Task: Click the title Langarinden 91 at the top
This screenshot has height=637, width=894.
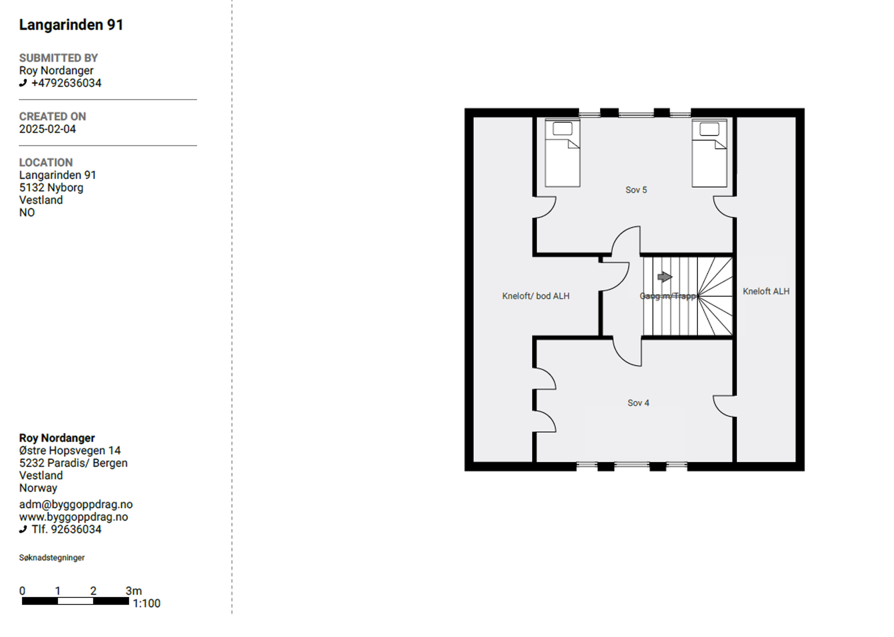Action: click(71, 25)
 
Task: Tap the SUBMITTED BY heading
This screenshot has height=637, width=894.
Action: click(59, 58)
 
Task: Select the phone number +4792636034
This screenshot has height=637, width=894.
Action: click(66, 83)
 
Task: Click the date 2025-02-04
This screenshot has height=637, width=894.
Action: click(48, 129)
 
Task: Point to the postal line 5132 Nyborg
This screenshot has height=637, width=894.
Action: click(52, 187)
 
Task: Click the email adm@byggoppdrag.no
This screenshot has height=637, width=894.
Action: click(76, 504)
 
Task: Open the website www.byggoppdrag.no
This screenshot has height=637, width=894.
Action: click(73, 517)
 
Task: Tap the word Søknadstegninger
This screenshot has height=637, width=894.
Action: click(52, 557)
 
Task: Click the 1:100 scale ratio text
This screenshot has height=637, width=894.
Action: click(147, 603)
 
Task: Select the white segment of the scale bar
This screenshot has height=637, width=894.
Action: click(75, 601)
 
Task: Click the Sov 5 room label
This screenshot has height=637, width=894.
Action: click(636, 190)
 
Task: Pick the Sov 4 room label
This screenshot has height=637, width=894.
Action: click(638, 403)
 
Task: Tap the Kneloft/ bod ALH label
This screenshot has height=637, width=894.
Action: click(536, 296)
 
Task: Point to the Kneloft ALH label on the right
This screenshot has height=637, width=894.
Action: click(766, 292)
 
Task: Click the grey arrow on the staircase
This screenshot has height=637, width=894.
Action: click(665, 277)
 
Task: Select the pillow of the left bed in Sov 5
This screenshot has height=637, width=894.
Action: click(563, 129)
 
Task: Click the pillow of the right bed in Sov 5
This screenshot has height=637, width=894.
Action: click(710, 129)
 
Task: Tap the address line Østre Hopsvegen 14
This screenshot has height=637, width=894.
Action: click(70, 450)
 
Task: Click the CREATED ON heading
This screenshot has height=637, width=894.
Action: click(53, 116)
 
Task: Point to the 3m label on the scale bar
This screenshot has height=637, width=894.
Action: click(134, 591)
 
